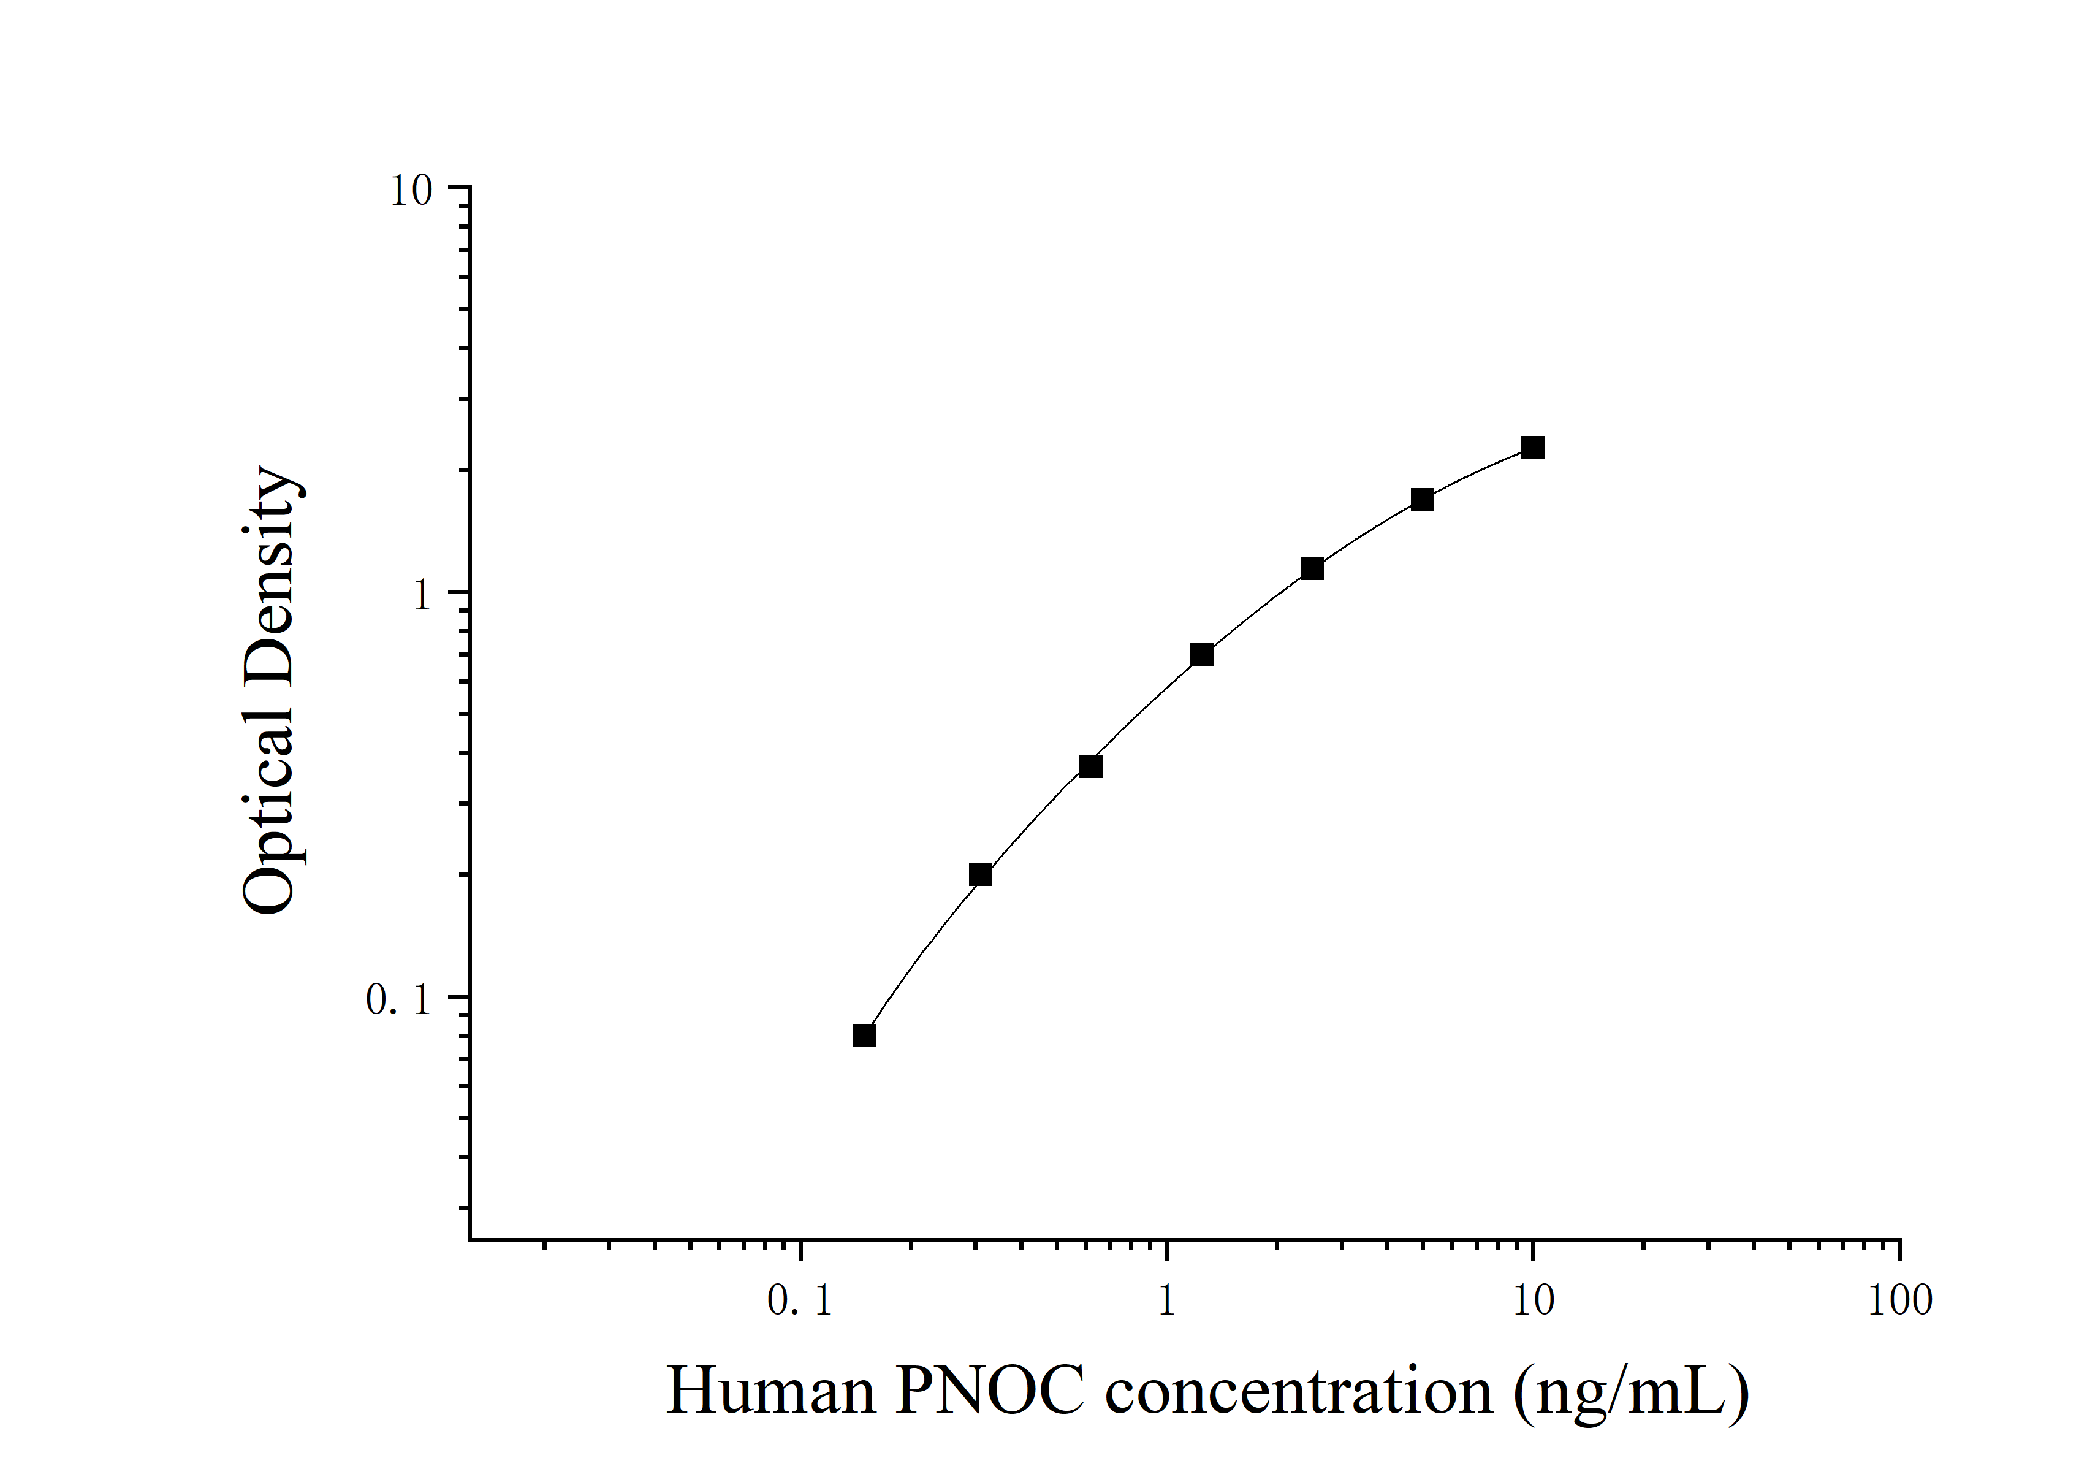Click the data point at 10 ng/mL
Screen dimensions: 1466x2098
(x=1532, y=448)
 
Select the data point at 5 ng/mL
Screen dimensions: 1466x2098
(x=1422, y=500)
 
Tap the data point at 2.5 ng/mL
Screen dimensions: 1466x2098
(x=1311, y=568)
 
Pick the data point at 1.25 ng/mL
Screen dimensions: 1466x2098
(x=1201, y=654)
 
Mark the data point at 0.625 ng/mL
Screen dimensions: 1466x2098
(x=1090, y=766)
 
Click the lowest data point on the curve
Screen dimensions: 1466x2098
(x=864, y=1036)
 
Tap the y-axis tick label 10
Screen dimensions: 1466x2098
(x=411, y=191)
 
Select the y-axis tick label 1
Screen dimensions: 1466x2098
(x=421, y=596)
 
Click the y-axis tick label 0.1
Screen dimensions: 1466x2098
(x=398, y=1000)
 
